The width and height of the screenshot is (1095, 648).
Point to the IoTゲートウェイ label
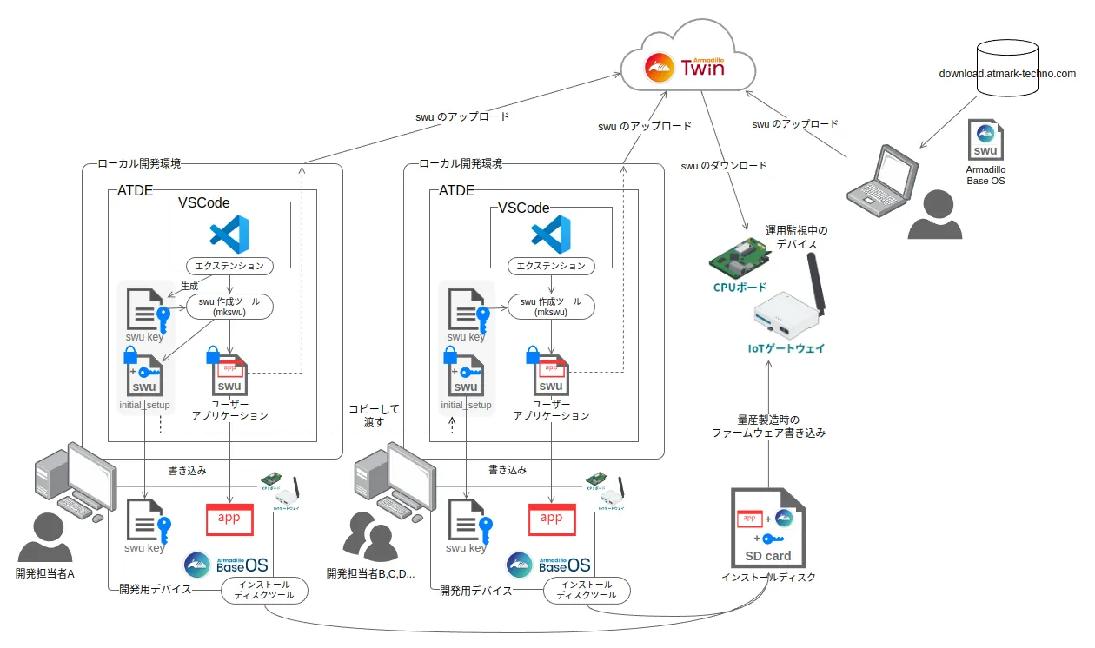786,348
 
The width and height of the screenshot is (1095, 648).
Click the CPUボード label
739,287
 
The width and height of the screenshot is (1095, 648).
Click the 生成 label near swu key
189,285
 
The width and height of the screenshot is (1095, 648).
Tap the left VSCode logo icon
229,235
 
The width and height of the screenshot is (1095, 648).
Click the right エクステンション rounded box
551,266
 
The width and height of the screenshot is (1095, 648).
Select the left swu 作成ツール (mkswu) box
229,307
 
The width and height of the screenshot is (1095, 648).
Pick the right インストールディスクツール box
587,590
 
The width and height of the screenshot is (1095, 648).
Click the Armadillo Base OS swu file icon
985,140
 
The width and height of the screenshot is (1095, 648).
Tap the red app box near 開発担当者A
229,519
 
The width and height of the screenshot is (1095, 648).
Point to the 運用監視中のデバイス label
796,237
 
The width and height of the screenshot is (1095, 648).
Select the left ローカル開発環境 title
139,163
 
